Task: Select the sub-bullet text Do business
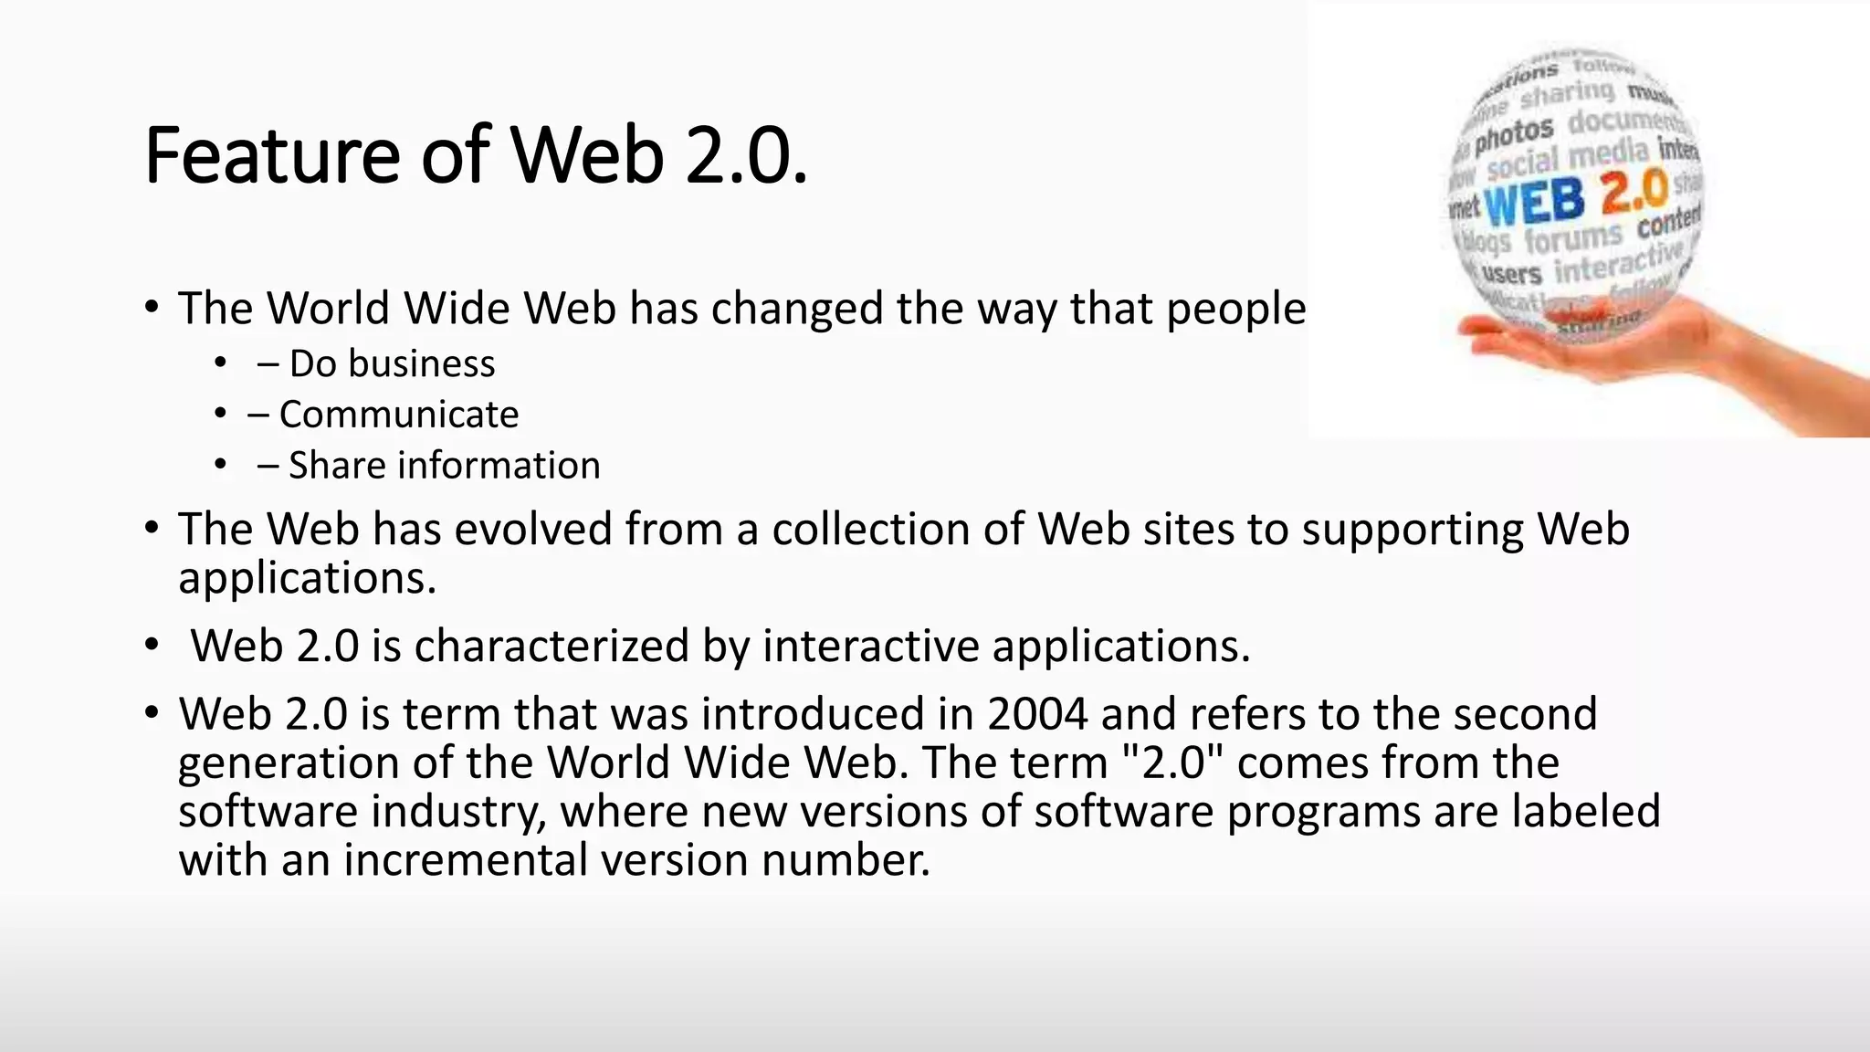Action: (x=392, y=363)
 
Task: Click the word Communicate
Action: (x=398, y=415)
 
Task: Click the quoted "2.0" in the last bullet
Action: (x=1171, y=762)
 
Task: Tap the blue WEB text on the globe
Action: (x=1534, y=202)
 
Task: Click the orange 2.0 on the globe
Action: (x=1634, y=191)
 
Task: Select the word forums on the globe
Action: (x=1572, y=239)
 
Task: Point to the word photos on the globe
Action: (x=1513, y=135)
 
